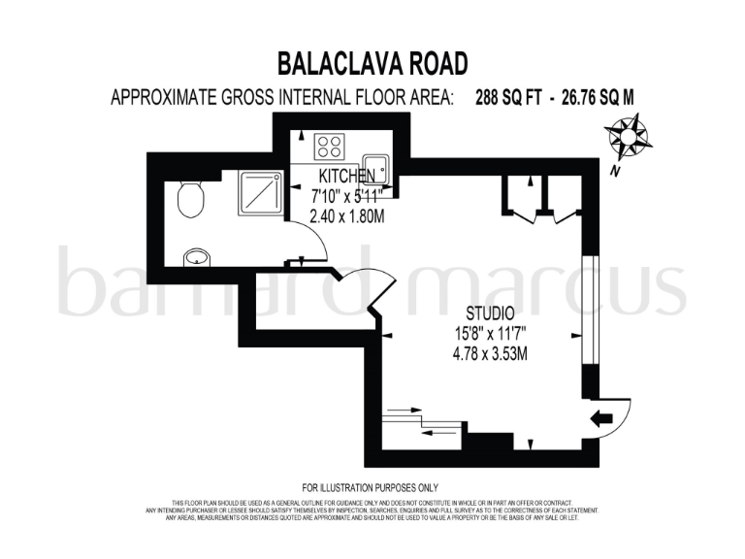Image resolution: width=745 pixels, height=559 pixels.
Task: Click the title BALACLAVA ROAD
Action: (x=372, y=64)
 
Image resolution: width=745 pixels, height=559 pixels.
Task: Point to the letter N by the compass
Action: (x=615, y=172)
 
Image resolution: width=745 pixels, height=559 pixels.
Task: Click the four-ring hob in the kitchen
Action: (x=329, y=146)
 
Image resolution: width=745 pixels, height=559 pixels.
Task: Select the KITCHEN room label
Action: (x=347, y=177)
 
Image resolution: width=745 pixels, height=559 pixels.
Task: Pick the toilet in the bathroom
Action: (x=190, y=200)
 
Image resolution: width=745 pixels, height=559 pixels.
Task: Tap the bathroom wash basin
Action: (x=197, y=255)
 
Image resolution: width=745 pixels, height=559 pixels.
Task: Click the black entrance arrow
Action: (x=602, y=418)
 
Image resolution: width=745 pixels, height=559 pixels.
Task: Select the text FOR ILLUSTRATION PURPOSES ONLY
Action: (x=371, y=487)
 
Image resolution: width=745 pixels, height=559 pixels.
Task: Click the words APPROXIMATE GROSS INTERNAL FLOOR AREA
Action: (x=282, y=98)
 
